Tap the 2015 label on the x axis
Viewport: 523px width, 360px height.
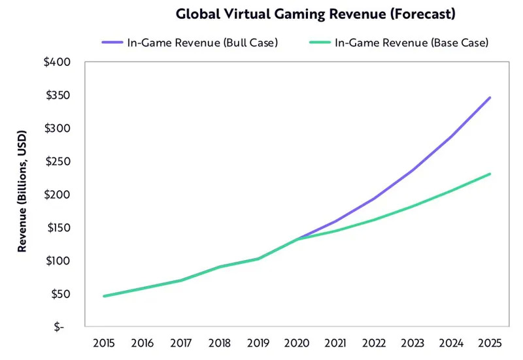click(x=104, y=344)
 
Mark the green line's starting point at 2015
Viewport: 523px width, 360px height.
click(x=104, y=296)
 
